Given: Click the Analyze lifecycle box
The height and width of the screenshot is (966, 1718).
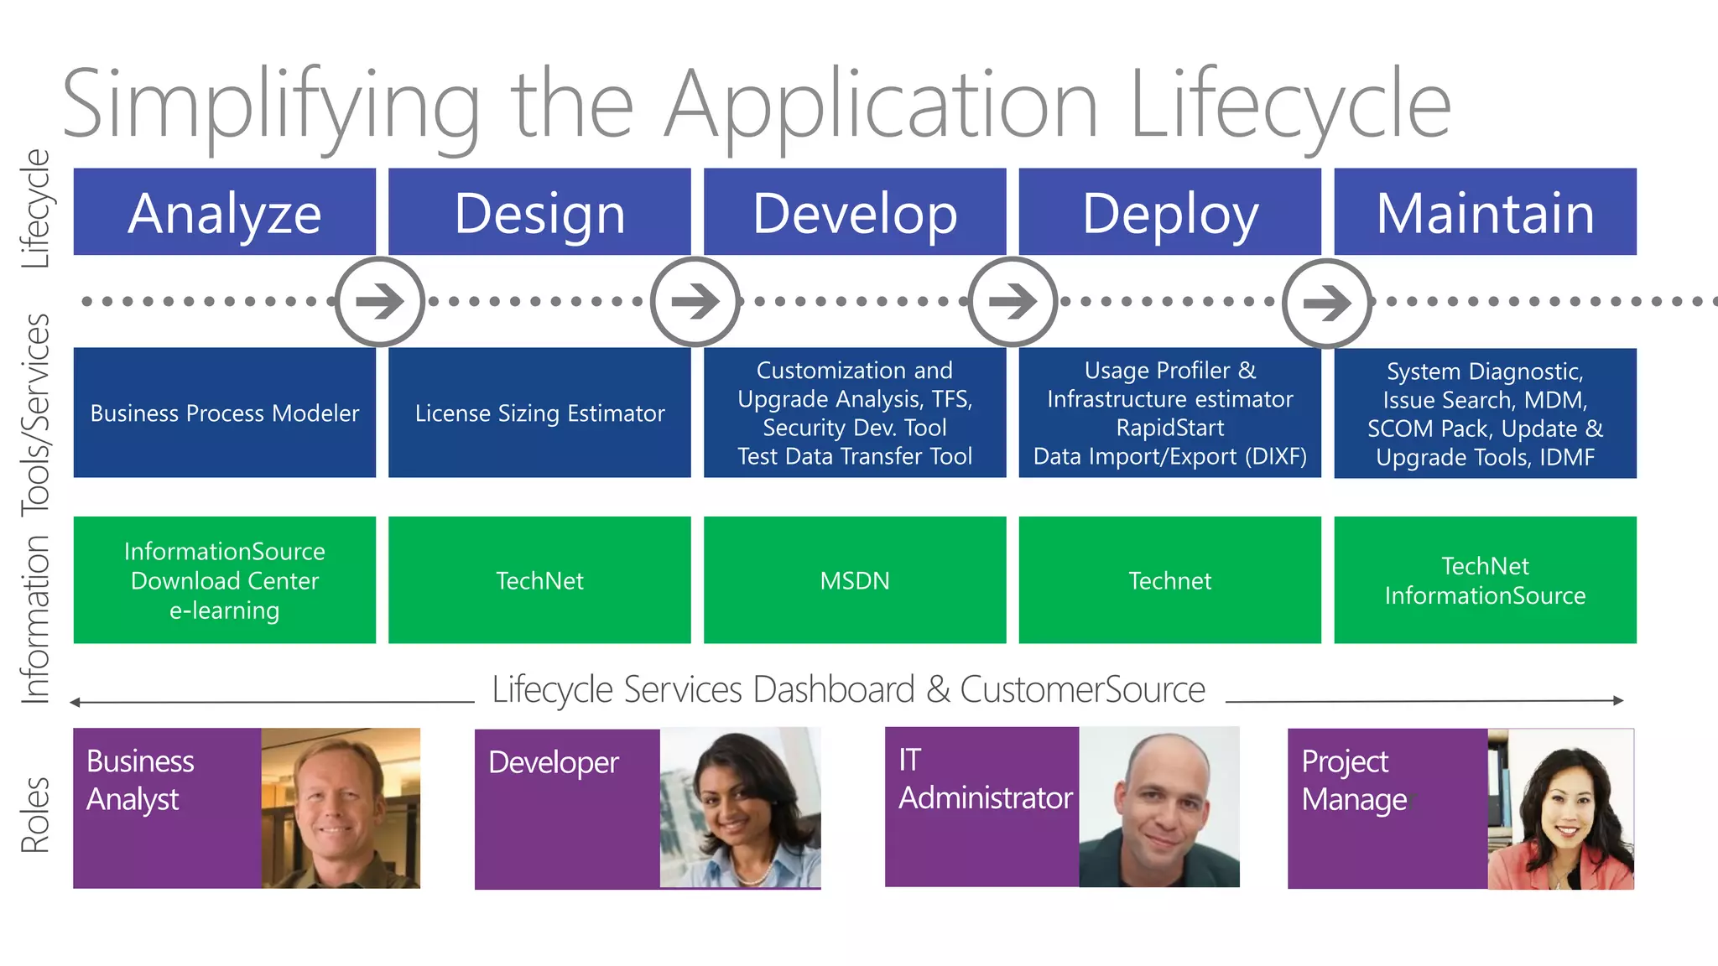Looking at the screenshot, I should pyautogui.click(x=224, y=212).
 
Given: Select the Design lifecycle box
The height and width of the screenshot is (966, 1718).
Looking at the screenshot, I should pyautogui.click(x=539, y=212).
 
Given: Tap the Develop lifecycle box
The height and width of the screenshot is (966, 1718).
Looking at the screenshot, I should pyautogui.click(x=854, y=212).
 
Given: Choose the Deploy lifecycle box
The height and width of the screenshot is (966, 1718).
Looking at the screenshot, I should pyautogui.click(x=1169, y=212).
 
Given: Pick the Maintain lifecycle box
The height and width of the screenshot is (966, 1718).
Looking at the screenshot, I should pyautogui.click(x=1485, y=212).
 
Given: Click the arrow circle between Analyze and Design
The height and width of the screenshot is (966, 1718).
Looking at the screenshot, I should pyautogui.click(x=380, y=302).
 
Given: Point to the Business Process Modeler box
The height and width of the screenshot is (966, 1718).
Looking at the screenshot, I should pyautogui.click(x=224, y=413).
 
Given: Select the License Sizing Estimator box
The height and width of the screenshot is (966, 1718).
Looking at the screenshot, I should pyautogui.click(x=539, y=413).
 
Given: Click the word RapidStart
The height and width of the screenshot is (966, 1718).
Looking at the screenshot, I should pyautogui.click(x=1169, y=428).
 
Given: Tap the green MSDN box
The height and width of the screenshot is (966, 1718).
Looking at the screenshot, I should pyautogui.click(x=854, y=580).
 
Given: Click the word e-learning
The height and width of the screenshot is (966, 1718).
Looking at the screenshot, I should pyautogui.click(x=224, y=610).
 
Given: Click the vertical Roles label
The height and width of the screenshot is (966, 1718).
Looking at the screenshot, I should pyautogui.click(x=35, y=815).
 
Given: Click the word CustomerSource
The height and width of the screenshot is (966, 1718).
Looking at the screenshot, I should pyautogui.click(x=1082, y=689).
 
